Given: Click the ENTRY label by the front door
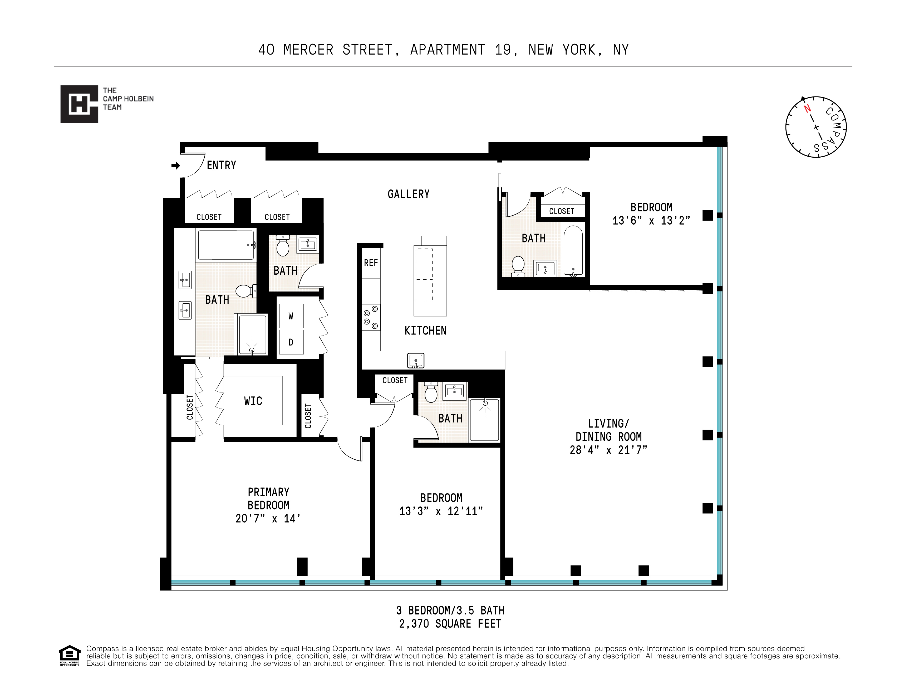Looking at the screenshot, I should (222, 166).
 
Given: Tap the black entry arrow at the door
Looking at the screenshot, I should (175, 166).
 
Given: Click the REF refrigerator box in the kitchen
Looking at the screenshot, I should (371, 263).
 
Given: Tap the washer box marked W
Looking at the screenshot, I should (291, 316).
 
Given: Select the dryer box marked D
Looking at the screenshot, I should (291, 342).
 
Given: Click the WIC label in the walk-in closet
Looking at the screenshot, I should (253, 401).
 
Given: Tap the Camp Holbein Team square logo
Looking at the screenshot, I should (79, 104).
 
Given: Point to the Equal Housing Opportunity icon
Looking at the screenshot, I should (70, 654).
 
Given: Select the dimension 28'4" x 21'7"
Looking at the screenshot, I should (608, 450).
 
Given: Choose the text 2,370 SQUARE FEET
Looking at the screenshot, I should (450, 624).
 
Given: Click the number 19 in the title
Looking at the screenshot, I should (503, 50).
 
